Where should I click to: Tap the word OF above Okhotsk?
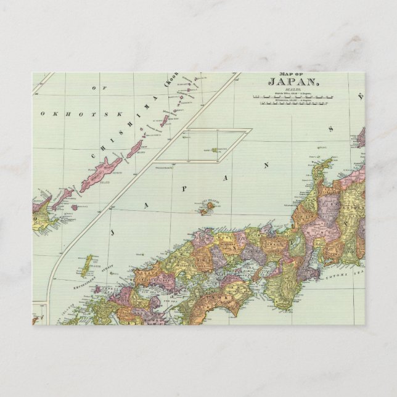94,88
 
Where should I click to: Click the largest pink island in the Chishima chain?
101,174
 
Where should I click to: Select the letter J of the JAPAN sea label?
113,233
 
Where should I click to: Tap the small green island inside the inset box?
214,150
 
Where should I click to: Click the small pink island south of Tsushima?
97,289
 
